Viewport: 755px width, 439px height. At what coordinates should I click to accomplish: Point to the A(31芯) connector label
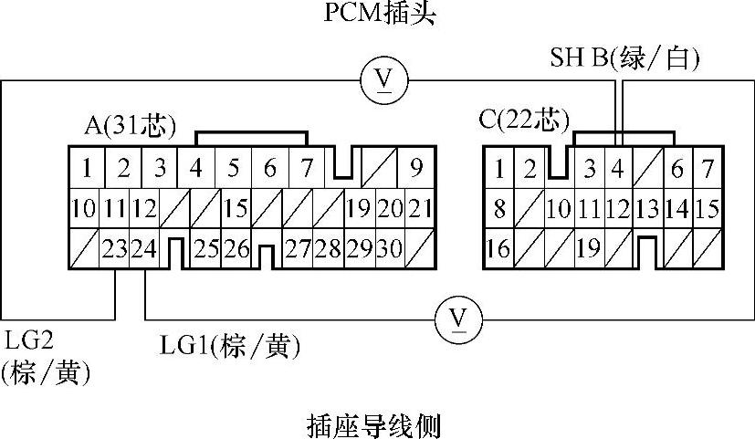click(129, 125)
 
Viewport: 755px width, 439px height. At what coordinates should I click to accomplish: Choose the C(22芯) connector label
click(524, 120)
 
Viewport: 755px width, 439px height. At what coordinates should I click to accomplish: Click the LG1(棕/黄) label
click(230, 346)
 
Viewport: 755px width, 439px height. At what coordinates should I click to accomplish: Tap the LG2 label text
click(30, 340)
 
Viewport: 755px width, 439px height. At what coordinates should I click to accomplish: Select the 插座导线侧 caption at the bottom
click(376, 424)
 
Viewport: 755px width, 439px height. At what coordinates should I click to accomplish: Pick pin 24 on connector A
click(143, 248)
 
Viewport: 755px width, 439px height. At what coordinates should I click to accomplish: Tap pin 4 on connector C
click(617, 169)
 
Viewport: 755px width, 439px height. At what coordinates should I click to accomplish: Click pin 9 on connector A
click(415, 168)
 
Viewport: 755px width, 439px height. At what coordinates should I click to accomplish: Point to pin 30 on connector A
click(389, 248)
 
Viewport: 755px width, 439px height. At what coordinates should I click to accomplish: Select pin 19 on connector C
click(588, 248)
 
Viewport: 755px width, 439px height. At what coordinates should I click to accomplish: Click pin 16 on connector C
click(498, 248)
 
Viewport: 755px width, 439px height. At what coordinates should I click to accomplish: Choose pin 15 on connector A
click(236, 208)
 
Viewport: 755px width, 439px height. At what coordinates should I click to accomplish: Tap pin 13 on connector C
click(647, 208)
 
